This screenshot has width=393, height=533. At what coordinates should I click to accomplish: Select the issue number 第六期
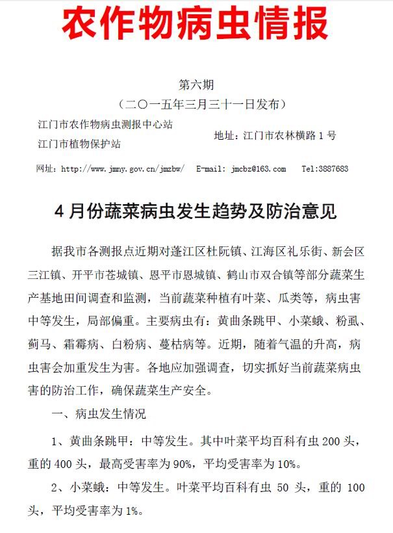pos(196,84)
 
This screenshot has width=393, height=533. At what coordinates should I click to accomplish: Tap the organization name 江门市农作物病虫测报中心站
pos(110,123)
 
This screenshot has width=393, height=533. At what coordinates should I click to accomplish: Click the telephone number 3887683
pos(334,169)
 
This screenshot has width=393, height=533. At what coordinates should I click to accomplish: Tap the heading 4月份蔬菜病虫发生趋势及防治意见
pos(196,212)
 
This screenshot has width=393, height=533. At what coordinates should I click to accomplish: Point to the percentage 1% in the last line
pos(131,511)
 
